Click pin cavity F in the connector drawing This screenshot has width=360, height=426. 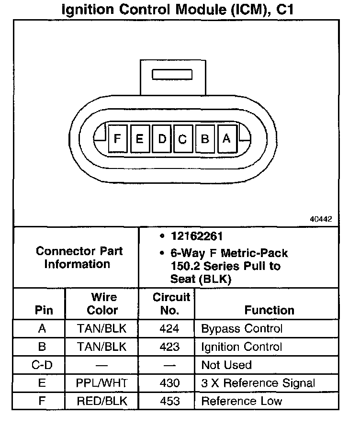pyautogui.click(x=117, y=139)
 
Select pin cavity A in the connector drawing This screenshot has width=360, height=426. pyautogui.click(x=227, y=138)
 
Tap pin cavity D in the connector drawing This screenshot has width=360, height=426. pyautogui.click(x=162, y=139)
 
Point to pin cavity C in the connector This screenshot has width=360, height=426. pyautogui.click(x=182, y=139)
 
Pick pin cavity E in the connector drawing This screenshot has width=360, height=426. pyautogui.click(x=140, y=139)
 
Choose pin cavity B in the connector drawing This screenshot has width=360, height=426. pyautogui.click(x=205, y=139)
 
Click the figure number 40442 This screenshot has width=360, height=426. pyautogui.click(x=321, y=219)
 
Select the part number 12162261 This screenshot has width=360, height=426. pyautogui.click(x=197, y=236)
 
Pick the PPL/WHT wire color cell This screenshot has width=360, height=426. pyautogui.click(x=102, y=383)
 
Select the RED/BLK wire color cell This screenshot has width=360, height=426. pyautogui.click(x=102, y=401)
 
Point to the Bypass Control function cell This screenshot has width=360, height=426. pyautogui.click(x=242, y=329)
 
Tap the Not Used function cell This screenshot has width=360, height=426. pyautogui.click(x=226, y=365)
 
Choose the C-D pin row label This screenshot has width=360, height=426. pyautogui.click(x=41, y=365)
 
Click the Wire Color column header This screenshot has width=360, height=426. pyautogui.click(x=102, y=304)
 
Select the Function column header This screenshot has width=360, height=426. pyautogui.click(x=270, y=310)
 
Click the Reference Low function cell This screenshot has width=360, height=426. pyautogui.click(x=241, y=401)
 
